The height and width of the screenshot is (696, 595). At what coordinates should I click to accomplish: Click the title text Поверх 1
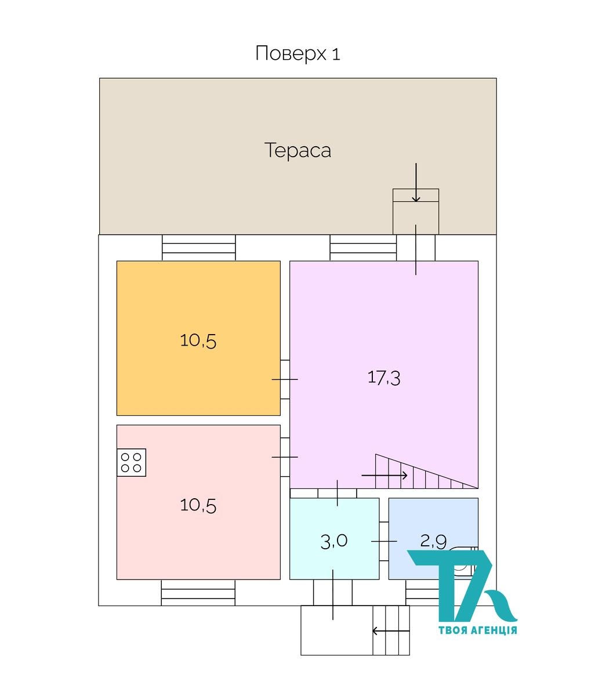[x=297, y=53]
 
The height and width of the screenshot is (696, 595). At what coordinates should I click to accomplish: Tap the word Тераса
[x=297, y=150]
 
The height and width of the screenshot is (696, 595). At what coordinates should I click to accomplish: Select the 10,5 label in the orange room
[x=198, y=340]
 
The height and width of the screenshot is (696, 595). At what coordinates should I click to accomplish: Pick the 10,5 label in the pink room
[x=198, y=505]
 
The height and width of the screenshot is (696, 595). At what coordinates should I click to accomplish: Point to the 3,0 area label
[x=333, y=542]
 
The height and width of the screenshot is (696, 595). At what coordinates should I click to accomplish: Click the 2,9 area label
[x=433, y=541]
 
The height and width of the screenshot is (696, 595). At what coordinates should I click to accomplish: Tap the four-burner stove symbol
[x=131, y=462]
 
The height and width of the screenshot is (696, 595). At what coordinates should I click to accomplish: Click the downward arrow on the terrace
[x=416, y=183]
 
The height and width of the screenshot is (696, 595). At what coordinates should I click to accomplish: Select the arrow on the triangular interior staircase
[x=384, y=476]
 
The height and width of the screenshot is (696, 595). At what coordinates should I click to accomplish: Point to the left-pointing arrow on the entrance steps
[x=391, y=630]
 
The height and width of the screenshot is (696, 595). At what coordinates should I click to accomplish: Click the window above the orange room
[x=199, y=248]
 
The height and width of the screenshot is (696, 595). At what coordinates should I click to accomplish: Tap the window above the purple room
[x=363, y=248]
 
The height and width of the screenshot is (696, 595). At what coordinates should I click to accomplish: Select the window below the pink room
[x=198, y=592]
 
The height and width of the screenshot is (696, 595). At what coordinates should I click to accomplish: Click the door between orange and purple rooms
[x=285, y=379]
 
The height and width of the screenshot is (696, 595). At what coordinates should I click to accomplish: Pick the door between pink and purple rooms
[x=285, y=457]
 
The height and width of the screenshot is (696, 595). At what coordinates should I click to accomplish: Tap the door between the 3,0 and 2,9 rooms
[x=384, y=541]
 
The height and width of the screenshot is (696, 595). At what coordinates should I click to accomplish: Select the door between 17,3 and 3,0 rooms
[x=337, y=494]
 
